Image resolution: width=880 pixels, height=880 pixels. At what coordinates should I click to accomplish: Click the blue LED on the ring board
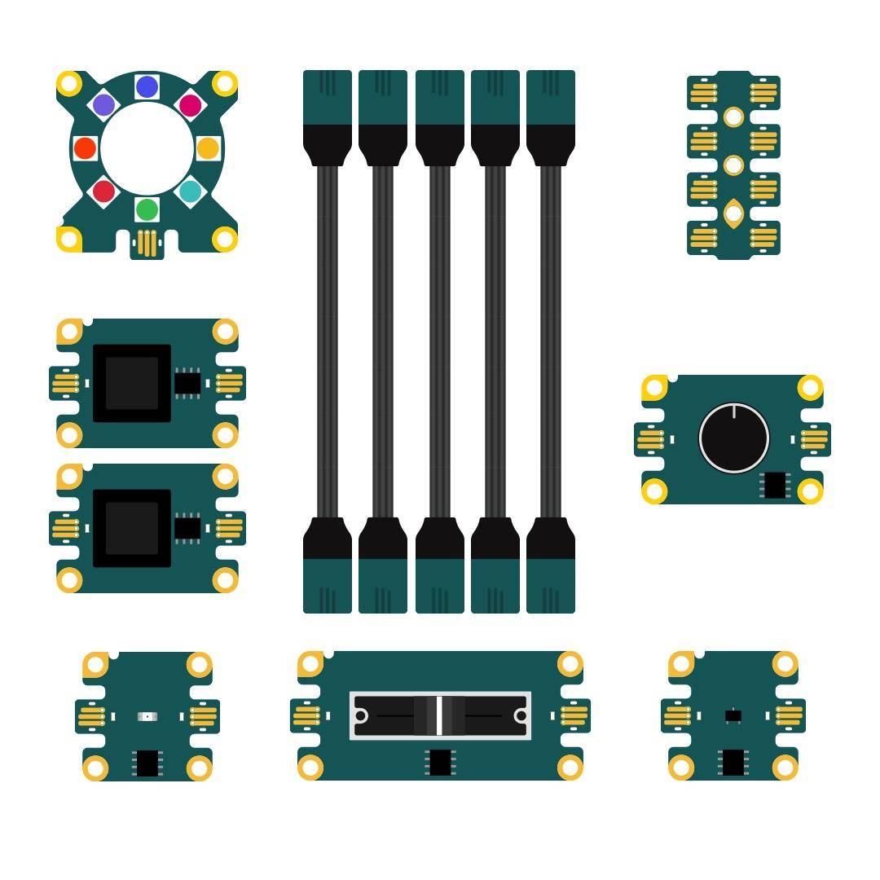[x=147, y=87]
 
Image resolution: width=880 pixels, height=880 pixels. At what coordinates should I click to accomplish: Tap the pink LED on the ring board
[x=190, y=105]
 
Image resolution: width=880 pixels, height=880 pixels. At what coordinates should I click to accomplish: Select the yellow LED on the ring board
[x=208, y=148]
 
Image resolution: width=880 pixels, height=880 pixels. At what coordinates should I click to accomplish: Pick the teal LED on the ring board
[x=190, y=191]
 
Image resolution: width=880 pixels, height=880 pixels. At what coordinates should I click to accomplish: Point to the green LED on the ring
[x=147, y=209]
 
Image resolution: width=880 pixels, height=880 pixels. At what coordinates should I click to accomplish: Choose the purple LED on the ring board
[x=103, y=105]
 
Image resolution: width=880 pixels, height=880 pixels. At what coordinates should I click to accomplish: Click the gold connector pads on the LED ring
[x=147, y=244]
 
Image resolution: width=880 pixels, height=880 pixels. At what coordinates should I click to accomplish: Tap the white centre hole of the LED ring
[x=147, y=148]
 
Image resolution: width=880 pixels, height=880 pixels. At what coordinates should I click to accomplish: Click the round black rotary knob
[x=733, y=438]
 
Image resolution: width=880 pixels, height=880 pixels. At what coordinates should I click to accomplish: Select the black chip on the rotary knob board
[x=774, y=485]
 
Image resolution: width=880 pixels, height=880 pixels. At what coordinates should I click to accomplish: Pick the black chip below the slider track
[x=440, y=763]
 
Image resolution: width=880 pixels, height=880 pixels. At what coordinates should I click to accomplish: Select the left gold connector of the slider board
[x=306, y=716]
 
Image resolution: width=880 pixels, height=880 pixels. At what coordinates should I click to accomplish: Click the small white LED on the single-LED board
[x=147, y=716]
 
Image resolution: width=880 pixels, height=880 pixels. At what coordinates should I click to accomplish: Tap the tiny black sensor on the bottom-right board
[x=733, y=715]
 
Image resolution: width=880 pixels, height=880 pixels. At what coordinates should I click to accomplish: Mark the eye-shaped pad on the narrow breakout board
[x=733, y=213]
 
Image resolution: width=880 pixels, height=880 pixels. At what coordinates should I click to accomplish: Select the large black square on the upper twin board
[x=132, y=383]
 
